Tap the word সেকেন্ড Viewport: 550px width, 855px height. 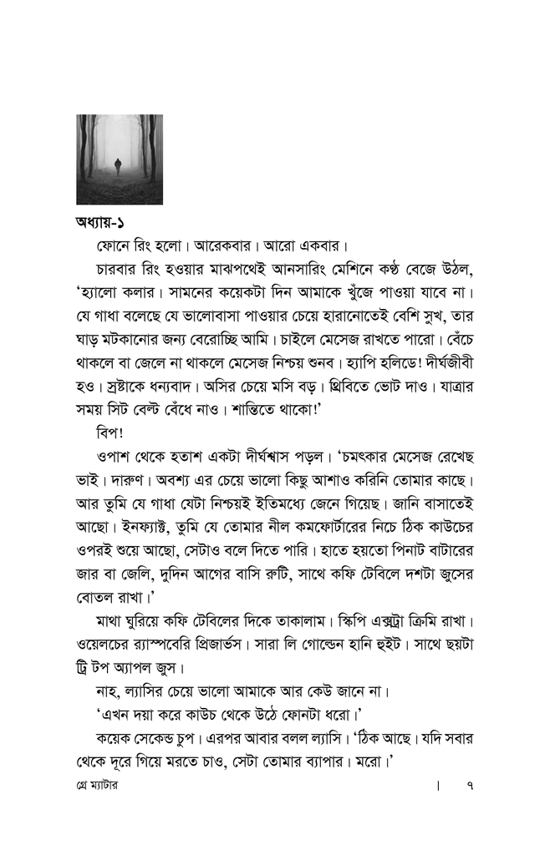[180, 740]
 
